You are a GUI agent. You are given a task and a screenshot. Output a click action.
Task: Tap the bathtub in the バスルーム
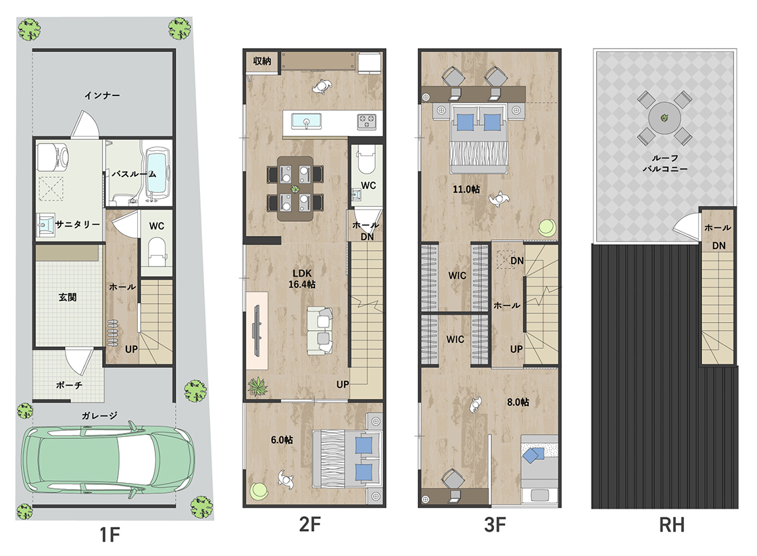[x=157, y=173]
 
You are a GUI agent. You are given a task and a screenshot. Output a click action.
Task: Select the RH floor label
[x=672, y=525]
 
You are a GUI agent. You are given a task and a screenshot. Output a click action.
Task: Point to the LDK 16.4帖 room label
[x=301, y=279]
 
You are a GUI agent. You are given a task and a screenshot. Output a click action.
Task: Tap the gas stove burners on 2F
[x=366, y=121]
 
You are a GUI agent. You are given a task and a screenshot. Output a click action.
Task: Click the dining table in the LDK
[x=295, y=189]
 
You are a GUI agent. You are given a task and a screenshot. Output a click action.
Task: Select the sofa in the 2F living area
[x=320, y=331]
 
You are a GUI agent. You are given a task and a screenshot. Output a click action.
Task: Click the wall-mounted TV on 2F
[x=256, y=331]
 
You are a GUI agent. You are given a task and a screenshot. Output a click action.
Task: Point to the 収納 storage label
[x=262, y=61]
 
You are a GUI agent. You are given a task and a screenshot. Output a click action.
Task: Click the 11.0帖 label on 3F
[x=466, y=189]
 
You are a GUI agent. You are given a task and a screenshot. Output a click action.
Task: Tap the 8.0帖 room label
[x=518, y=402]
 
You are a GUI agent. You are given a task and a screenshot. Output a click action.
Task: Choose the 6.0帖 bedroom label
[x=281, y=440]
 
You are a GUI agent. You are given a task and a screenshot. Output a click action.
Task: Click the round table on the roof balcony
[x=665, y=118]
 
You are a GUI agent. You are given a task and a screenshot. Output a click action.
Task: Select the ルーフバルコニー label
[x=665, y=163]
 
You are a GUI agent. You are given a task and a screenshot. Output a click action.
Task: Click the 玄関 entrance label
[x=68, y=297]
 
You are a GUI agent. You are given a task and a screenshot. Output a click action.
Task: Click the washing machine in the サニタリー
[x=52, y=156]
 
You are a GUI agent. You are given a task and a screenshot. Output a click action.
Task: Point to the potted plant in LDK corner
[x=258, y=386]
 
